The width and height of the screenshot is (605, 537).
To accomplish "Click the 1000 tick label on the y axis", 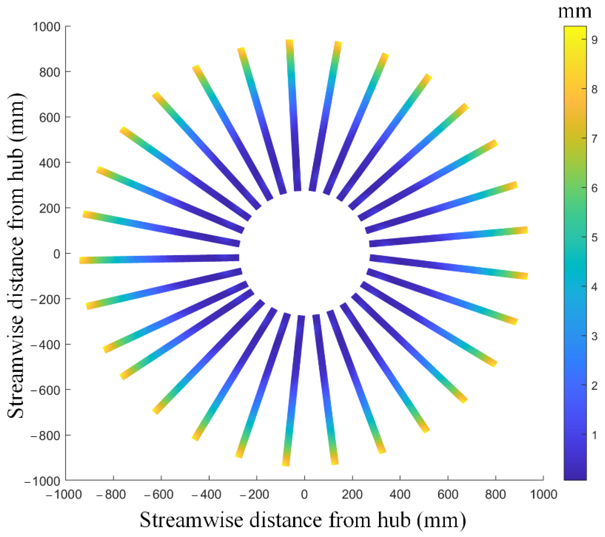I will tap(46, 27).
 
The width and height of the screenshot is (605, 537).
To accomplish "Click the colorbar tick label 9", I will tap(594, 40).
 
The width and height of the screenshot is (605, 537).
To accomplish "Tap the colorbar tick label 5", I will tap(594, 238).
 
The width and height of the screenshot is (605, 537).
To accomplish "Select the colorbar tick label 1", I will tap(594, 435).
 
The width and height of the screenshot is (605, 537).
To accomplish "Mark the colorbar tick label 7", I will tap(594, 139).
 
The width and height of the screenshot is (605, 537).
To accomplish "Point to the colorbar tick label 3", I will tap(594, 336).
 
